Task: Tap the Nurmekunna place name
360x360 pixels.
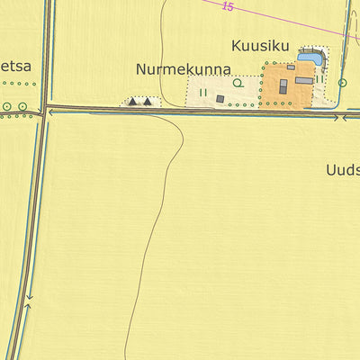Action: coord(184,69)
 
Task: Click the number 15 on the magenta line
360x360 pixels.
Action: coord(226,7)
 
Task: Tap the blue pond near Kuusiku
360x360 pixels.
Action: coord(310,58)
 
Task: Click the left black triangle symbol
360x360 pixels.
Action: coord(133,102)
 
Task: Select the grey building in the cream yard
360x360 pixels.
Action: coord(220,99)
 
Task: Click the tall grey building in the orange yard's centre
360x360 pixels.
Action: coord(283,87)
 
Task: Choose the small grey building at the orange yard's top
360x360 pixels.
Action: coord(291,67)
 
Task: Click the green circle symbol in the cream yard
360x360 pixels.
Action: coord(238,83)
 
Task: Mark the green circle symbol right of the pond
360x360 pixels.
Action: coord(342,83)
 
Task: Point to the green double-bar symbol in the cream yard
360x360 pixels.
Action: coord(203,92)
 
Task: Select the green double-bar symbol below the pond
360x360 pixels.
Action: coord(319,77)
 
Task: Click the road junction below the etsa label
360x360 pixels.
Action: coord(44,112)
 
